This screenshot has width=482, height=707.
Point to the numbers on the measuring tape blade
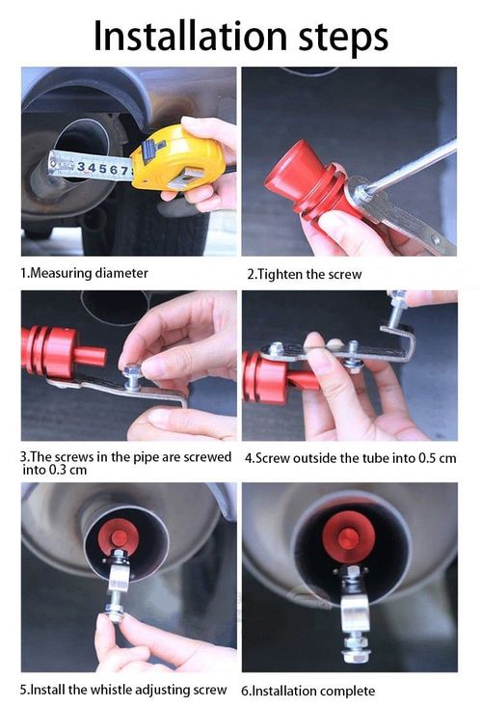(102, 168)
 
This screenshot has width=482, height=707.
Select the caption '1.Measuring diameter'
(85, 273)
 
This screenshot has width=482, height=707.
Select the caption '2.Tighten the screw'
(305, 274)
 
